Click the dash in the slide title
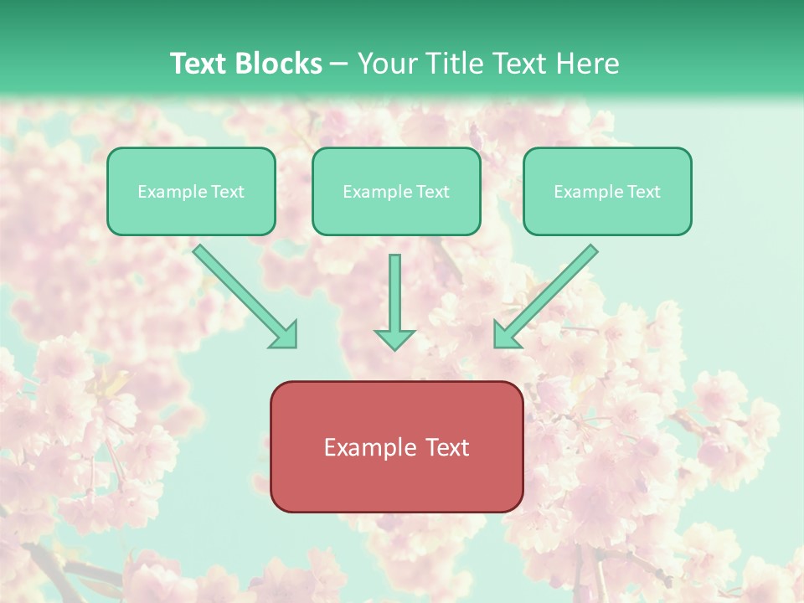[339, 64]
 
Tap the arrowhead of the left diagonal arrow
[285, 335]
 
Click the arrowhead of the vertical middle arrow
[394, 338]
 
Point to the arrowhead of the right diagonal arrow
[506, 335]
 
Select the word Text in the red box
[446, 448]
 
